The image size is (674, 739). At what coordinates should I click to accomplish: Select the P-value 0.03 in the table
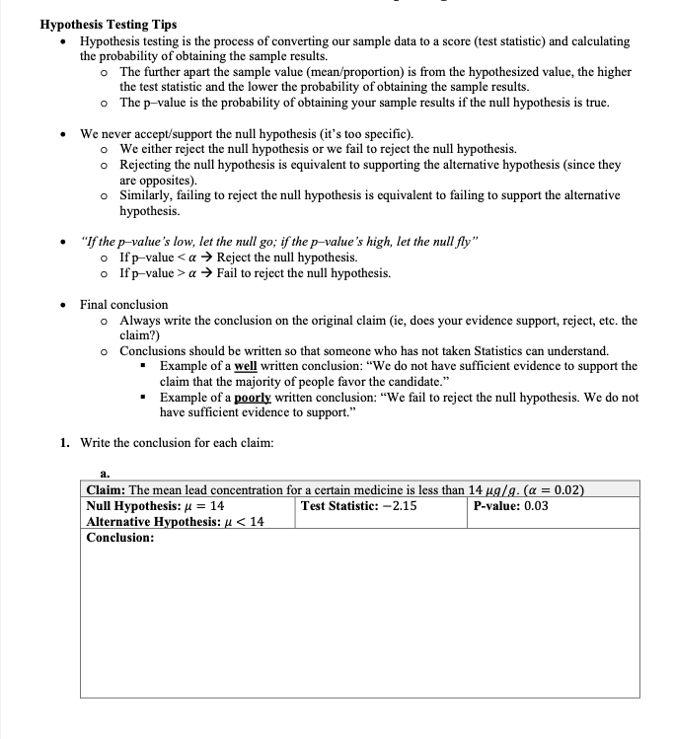[536, 506]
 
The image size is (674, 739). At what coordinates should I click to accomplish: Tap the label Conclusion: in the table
[120, 538]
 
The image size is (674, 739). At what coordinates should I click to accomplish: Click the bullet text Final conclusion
[124, 305]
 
